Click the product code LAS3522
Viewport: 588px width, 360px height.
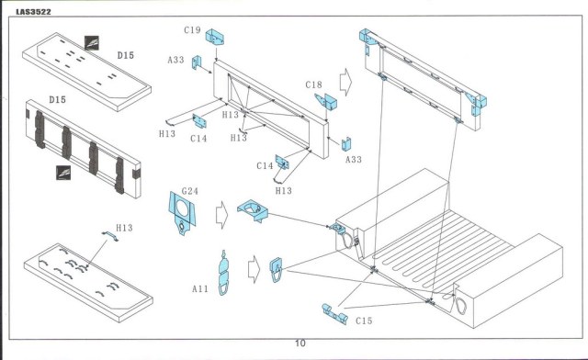click(33, 12)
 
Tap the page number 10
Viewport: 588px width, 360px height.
click(300, 343)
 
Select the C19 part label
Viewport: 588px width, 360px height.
click(192, 30)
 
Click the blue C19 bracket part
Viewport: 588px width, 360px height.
click(215, 37)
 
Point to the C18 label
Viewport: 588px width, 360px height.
click(314, 84)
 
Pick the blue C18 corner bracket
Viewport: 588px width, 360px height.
click(326, 101)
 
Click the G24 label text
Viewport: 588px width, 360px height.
click(190, 191)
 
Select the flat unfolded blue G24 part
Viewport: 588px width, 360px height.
click(182, 213)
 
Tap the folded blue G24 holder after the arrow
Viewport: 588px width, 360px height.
click(253, 210)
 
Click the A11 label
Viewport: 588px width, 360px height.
click(200, 288)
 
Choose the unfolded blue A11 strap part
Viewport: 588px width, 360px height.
click(223, 273)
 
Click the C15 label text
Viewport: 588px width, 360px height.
click(364, 321)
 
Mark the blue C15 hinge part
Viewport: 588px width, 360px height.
click(334, 314)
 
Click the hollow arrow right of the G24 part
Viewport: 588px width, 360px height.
click(222, 215)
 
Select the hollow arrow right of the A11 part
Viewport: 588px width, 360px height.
click(254, 269)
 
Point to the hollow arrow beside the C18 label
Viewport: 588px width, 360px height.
click(345, 82)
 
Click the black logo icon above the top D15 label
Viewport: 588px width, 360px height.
click(92, 43)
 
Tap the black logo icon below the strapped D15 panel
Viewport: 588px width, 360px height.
click(63, 173)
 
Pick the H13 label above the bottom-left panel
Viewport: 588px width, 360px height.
click(124, 228)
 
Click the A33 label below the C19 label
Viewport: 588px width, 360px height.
click(175, 60)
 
